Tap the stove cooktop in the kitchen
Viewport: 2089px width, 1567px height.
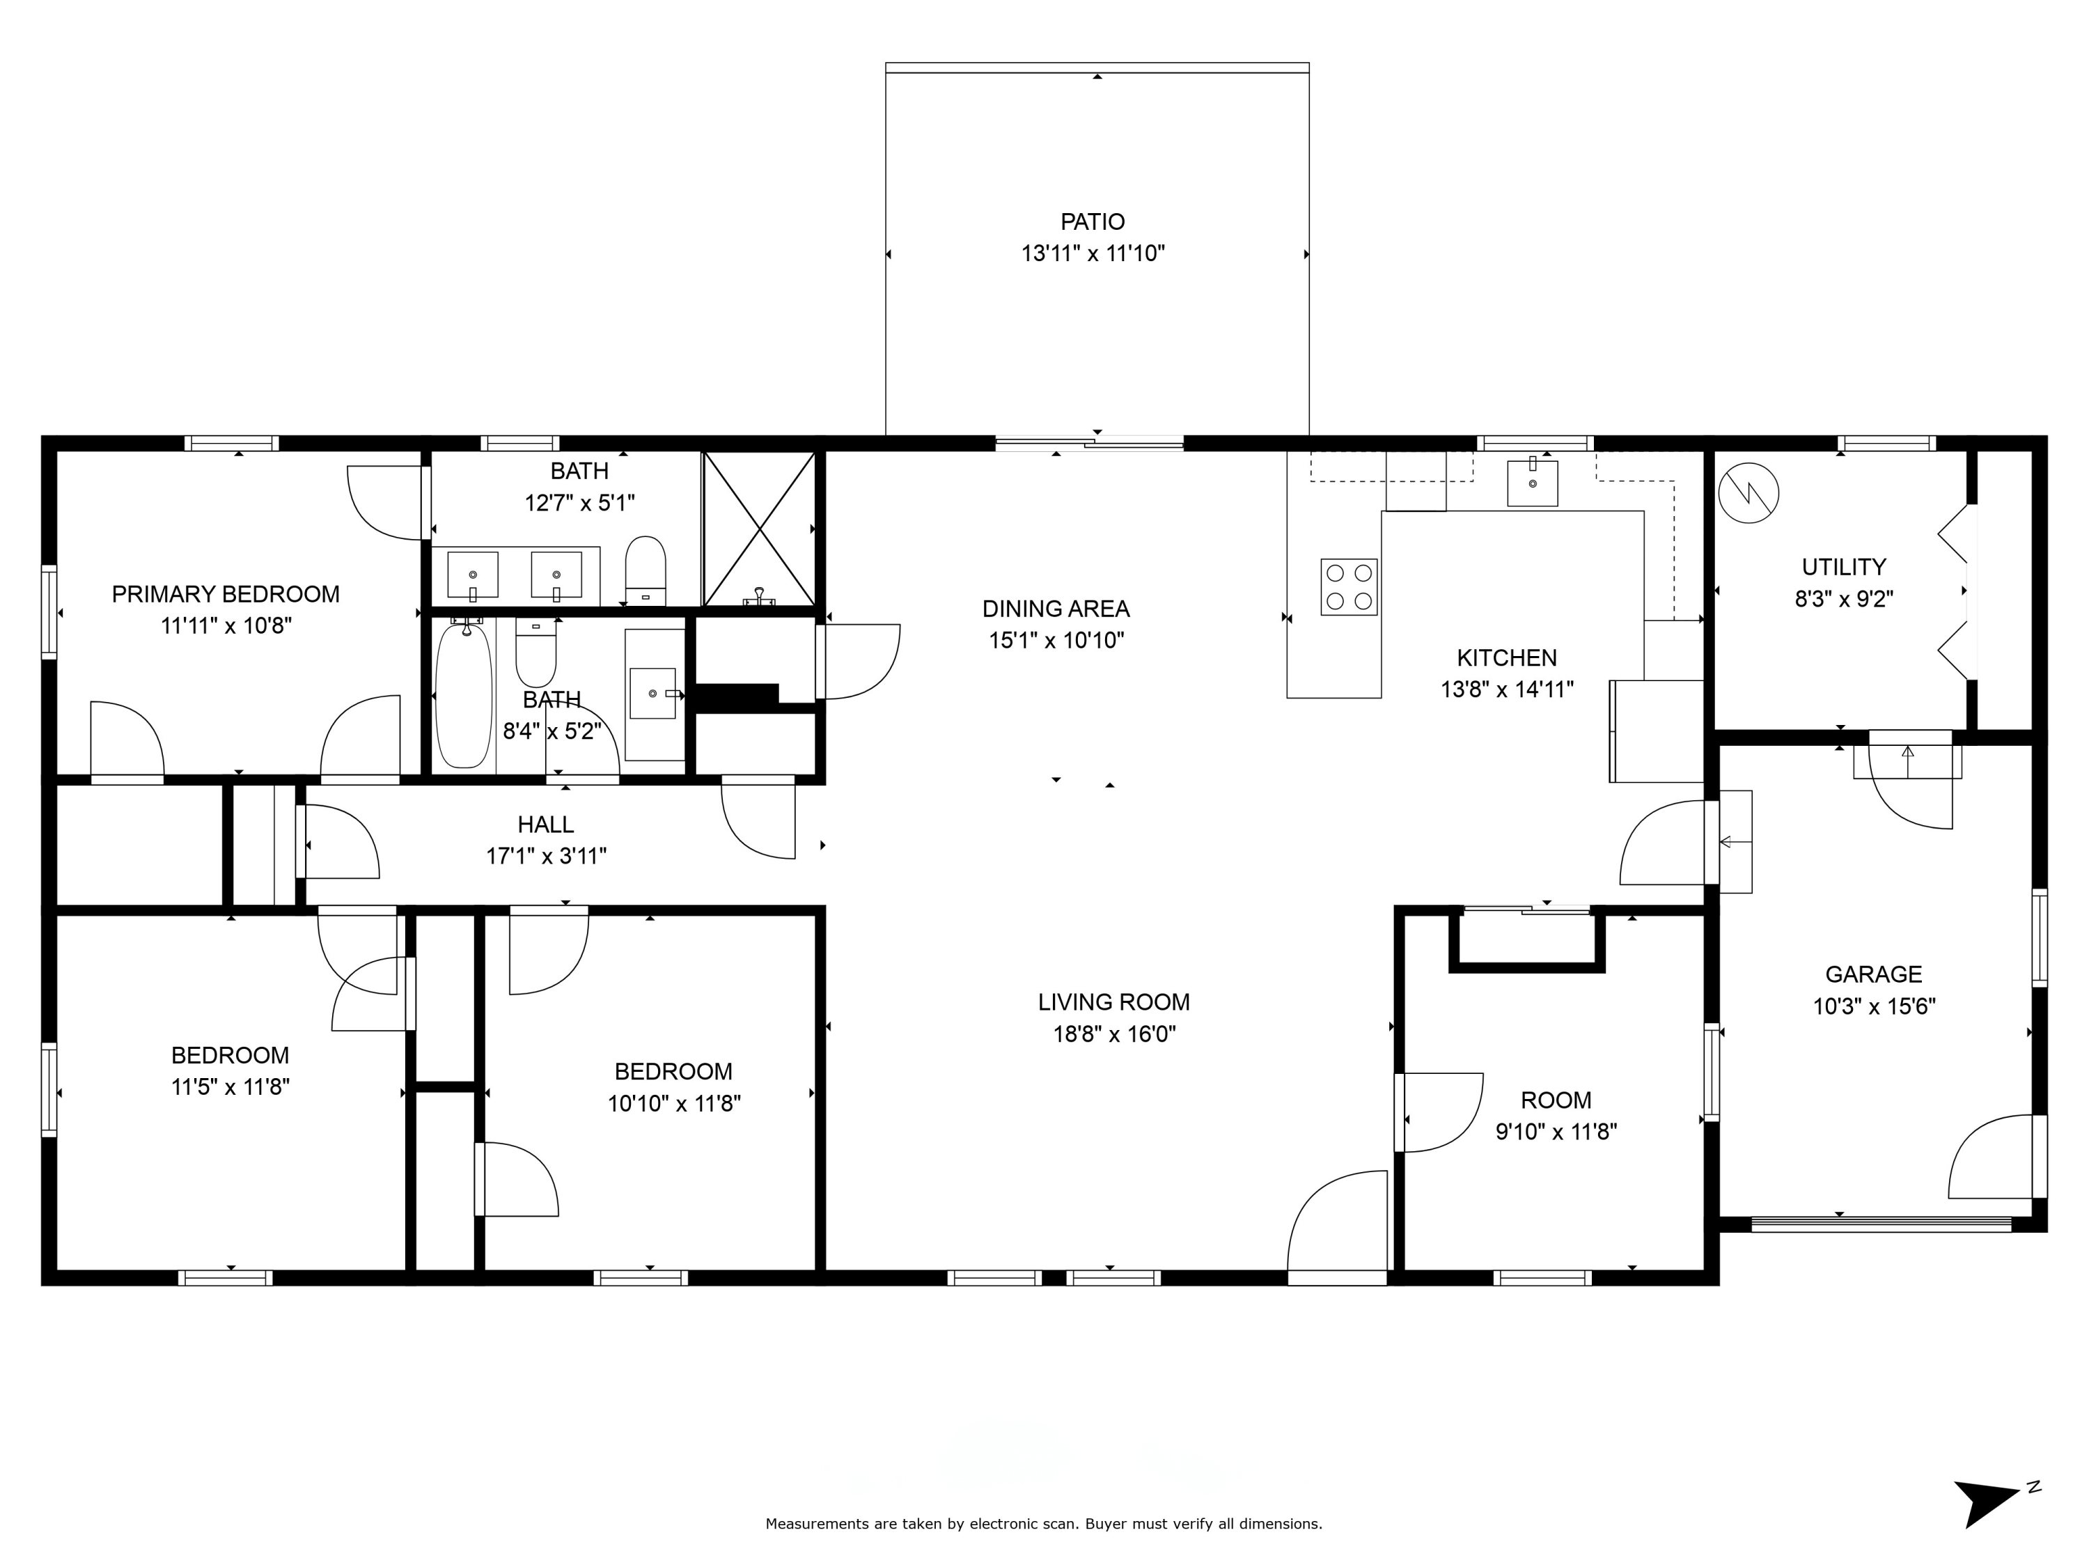click(x=1349, y=586)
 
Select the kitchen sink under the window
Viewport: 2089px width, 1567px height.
click(x=1532, y=483)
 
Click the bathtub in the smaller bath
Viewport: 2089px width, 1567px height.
click(x=464, y=694)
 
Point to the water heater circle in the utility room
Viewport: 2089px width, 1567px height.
click(x=1748, y=492)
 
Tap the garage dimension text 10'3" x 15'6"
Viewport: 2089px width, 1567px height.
click(x=1874, y=1006)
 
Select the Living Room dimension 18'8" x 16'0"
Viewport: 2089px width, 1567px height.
click(x=1114, y=1034)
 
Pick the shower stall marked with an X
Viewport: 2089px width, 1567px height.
click(x=759, y=529)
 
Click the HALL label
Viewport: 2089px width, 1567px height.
click(x=545, y=825)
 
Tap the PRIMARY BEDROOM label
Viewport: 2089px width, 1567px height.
click(x=226, y=594)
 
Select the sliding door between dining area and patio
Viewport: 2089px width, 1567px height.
click(x=1090, y=442)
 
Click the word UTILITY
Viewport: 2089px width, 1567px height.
click(x=1843, y=567)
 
